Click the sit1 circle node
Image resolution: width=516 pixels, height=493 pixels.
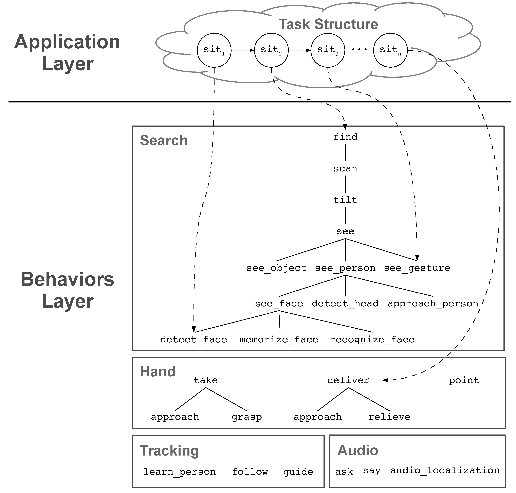[214, 50]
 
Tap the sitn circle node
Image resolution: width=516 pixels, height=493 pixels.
[390, 50]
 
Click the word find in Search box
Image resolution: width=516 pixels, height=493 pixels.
[345, 137]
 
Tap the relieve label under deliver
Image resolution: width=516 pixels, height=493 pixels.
[389, 417]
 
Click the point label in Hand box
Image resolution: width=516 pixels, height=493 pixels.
[464, 380]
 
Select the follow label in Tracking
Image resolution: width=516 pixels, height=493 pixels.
[250, 472]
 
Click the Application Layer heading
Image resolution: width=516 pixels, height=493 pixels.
[67, 53]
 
